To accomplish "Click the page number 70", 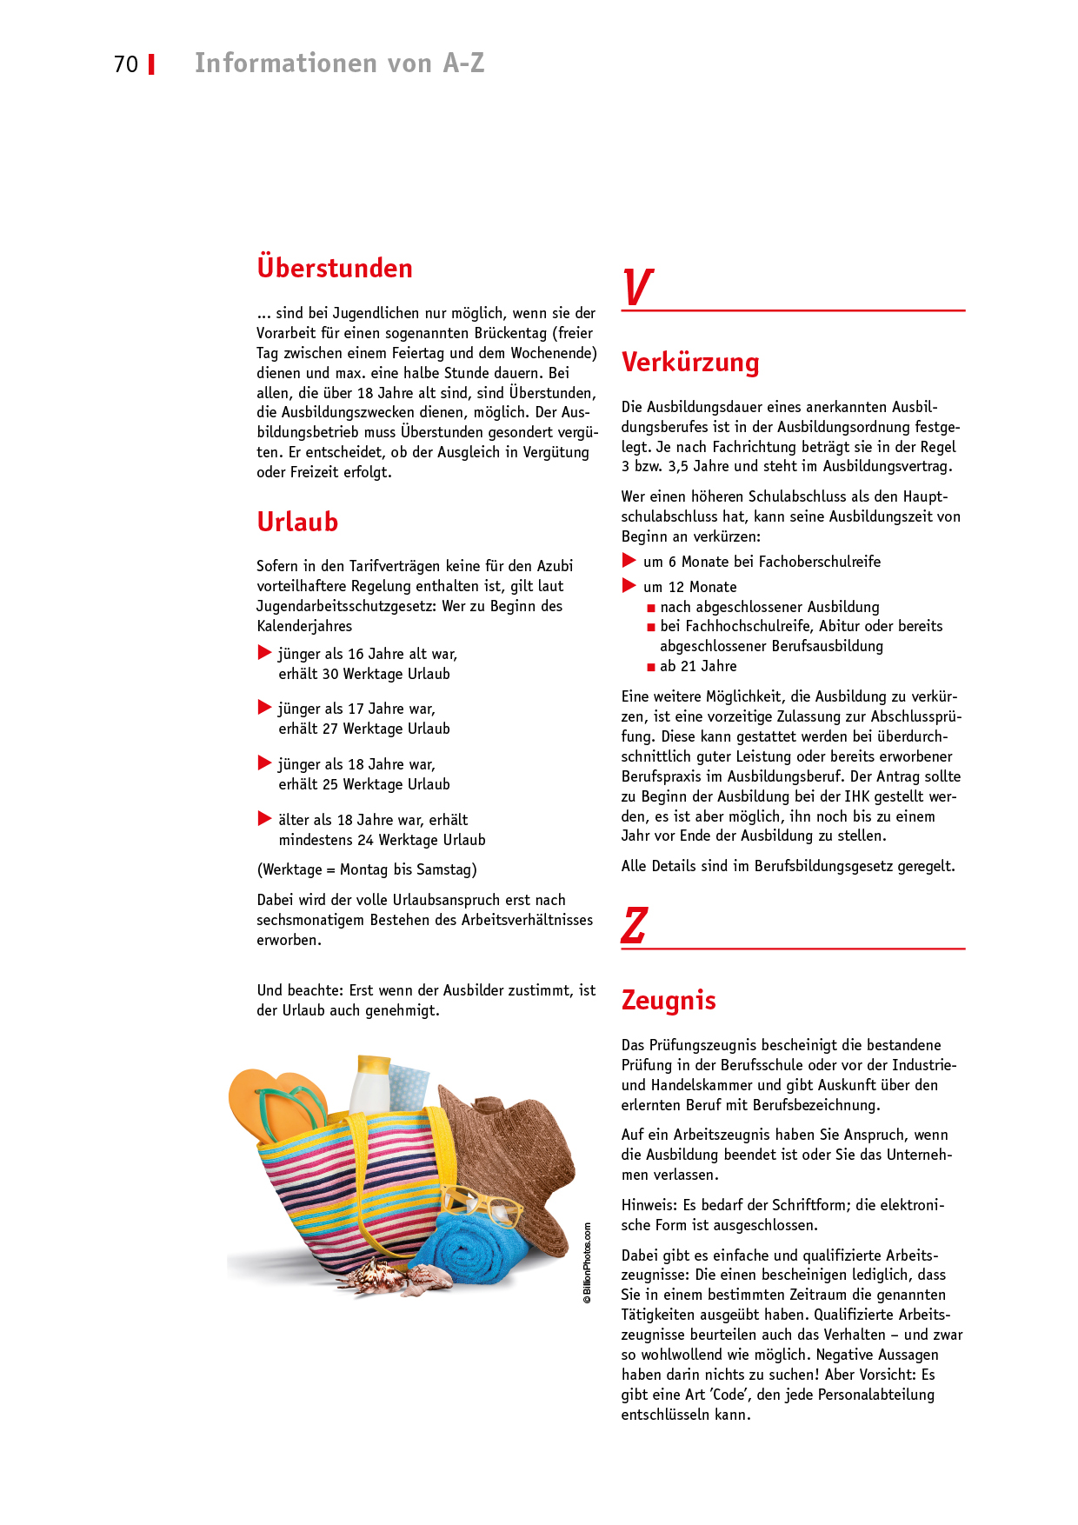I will [126, 64].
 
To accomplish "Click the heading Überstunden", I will [335, 268].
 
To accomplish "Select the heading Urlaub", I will [297, 522].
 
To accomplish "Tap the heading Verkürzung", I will [690, 362].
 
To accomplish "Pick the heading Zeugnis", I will [669, 1000].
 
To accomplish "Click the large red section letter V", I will [637, 287].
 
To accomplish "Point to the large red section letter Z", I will [635, 925].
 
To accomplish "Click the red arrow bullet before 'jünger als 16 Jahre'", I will [265, 653].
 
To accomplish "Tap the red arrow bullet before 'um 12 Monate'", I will [629, 586].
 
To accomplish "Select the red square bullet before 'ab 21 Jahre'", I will [651, 667].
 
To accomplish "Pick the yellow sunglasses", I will [482, 1204].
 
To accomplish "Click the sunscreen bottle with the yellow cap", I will [371, 1082].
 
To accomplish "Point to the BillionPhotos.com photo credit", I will [588, 1262].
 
